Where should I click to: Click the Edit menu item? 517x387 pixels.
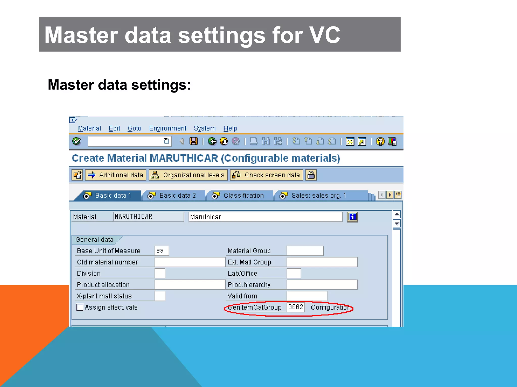(x=114, y=128)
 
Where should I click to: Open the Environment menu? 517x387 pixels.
(x=168, y=128)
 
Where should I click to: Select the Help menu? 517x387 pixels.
(x=230, y=128)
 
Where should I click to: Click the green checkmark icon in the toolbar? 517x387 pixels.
(x=76, y=141)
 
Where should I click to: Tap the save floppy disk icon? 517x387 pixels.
(x=194, y=141)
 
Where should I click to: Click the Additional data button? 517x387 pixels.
(x=116, y=175)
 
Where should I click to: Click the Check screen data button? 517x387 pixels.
(x=267, y=175)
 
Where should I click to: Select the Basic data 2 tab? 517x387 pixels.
(x=174, y=196)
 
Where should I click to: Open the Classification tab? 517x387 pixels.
(x=240, y=196)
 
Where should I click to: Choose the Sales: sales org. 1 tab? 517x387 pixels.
(x=316, y=196)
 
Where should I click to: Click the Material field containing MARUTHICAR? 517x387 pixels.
(x=148, y=217)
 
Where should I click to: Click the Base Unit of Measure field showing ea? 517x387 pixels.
(x=162, y=251)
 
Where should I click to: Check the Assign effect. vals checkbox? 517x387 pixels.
(x=80, y=307)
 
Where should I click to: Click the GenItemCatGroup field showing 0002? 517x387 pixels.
(x=296, y=307)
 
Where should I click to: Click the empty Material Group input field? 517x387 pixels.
(x=305, y=251)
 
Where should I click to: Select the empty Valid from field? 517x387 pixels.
(x=307, y=296)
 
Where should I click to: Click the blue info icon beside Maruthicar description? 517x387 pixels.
(x=352, y=217)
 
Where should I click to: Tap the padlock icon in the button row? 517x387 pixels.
(x=311, y=175)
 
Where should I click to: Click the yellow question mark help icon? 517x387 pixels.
(x=380, y=141)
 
